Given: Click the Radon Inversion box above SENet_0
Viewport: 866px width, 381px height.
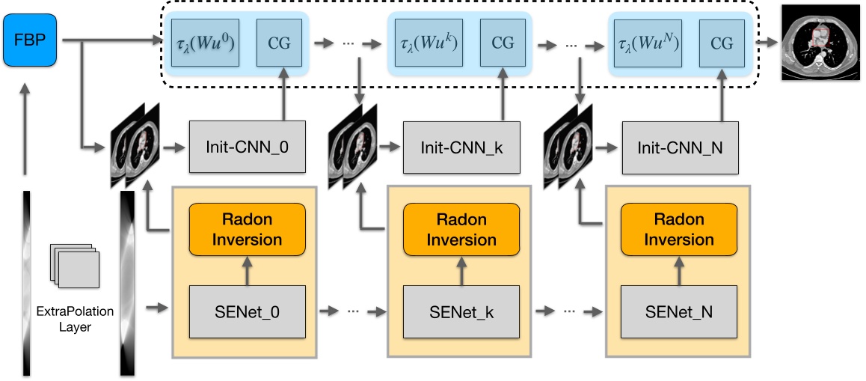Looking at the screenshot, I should tap(247, 229).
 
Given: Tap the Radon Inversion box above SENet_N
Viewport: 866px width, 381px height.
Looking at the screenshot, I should tap(680, 229).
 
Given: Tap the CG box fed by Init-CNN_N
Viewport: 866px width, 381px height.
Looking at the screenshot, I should tap(722, 43).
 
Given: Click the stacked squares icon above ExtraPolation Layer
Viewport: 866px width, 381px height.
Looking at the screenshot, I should tap(74, 265).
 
